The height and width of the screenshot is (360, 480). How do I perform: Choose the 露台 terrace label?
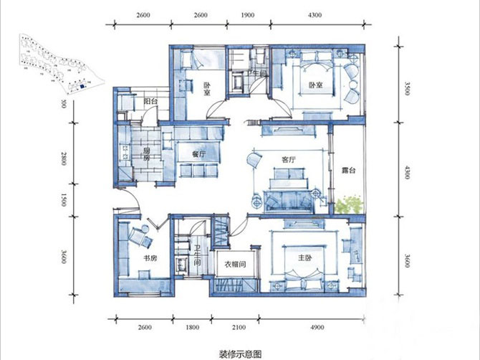(x=349, y=171)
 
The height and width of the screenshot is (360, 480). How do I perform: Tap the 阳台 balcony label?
(x=150, y=103)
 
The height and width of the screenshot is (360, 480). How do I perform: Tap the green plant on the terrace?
(x=349, y=204)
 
